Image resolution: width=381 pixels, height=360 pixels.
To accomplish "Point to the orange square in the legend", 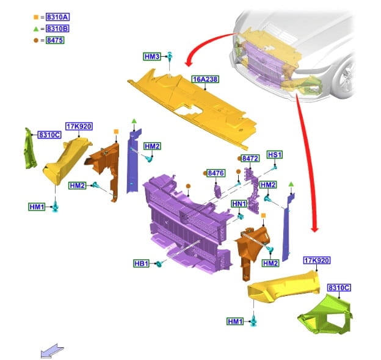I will pyautogui.click(x=36, y=17).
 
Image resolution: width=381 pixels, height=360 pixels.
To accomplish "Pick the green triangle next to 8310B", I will pyautogui.click(x=36, y=29).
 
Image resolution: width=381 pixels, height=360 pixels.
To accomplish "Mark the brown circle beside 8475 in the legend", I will pyautogui.click(x=36, y=40).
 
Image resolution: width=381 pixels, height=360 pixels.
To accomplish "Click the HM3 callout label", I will pyautogui.click(x=152, y=57).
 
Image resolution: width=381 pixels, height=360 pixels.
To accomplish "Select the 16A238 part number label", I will pyautogui.click(x=205, y=79).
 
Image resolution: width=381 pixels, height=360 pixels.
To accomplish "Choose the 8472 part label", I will pyautogui.click(x=250, y=158).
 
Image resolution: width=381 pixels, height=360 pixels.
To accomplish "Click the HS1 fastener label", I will pyautogui.click(x=275, y=155).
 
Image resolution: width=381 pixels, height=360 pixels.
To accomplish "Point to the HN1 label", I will pyautogui.click(x=239, y=203).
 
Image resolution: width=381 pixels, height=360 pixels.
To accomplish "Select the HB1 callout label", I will pyautogui.click(x=142, y=264).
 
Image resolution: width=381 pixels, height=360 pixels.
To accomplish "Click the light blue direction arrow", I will pyautogui.click(x=52, y=350).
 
